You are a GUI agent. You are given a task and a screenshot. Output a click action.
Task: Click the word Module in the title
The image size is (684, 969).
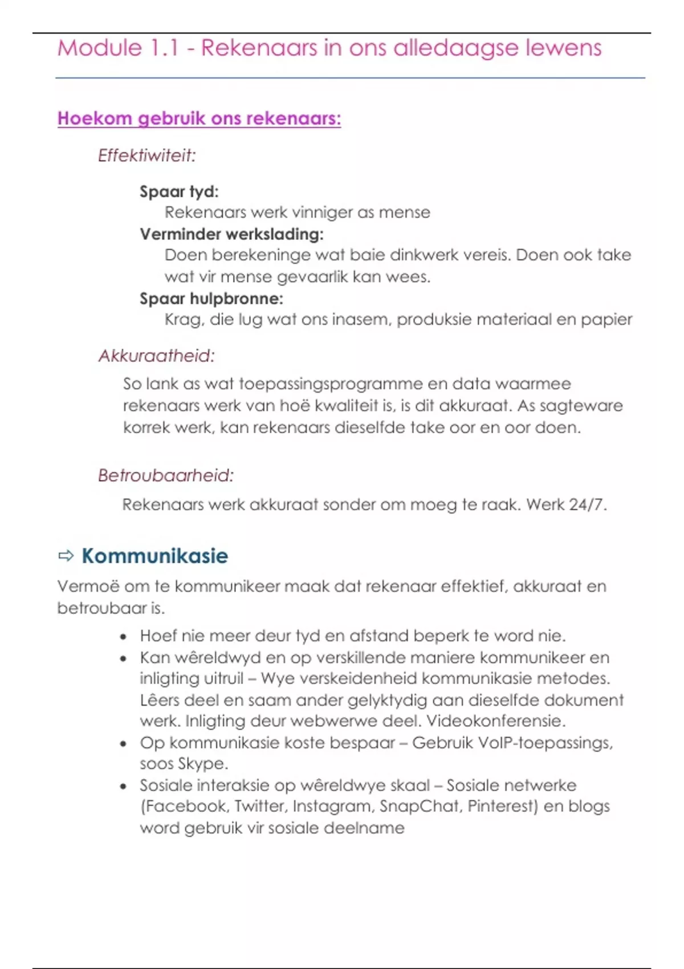pyautogui.click(x=100, y=48)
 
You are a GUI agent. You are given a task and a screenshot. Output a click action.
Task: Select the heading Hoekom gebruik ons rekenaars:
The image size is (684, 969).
pyautogui.click(x=199, y=119)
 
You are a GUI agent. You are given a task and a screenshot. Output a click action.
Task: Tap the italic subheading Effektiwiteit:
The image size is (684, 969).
pyautogui.click(x=146, y=156)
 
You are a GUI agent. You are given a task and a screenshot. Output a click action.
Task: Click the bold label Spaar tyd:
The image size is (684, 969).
pyautogui.click(x=179, y=192)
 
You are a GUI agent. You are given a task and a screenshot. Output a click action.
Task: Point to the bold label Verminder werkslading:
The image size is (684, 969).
pyautogui.click(x=231, y=234)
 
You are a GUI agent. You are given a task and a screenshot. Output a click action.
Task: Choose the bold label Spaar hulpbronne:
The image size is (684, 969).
pyautogui.click(x=211, y=299)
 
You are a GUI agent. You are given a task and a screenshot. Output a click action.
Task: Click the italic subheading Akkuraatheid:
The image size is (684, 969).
pyautogui.click(x=156, y=356)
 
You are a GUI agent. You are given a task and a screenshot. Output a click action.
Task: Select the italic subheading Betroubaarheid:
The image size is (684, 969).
pyautogui.click(x=165, y=475)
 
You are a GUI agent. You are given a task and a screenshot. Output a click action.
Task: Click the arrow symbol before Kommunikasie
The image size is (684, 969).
pyautogui.click(x=66, y=556)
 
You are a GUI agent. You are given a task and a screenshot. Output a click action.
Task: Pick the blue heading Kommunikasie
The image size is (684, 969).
pyautogui.click(x=154, y=556)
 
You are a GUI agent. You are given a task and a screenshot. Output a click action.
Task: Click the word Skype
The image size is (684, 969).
pyautogui.click(x=202, y=764)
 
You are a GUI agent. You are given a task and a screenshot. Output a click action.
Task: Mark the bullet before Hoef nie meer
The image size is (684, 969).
pyautogui.click(x=123, y=637)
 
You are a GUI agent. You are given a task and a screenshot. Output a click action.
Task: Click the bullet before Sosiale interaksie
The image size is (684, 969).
pyautogui.click(x=123, y=787)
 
